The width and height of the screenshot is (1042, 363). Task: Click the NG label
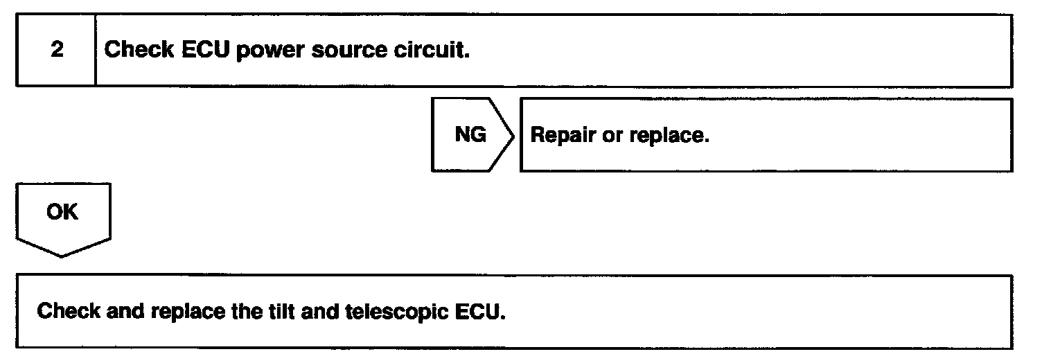click(470, 134)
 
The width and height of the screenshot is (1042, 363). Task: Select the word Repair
click(563, 135)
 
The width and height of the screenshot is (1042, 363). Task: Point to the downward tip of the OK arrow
click(62, 256)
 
